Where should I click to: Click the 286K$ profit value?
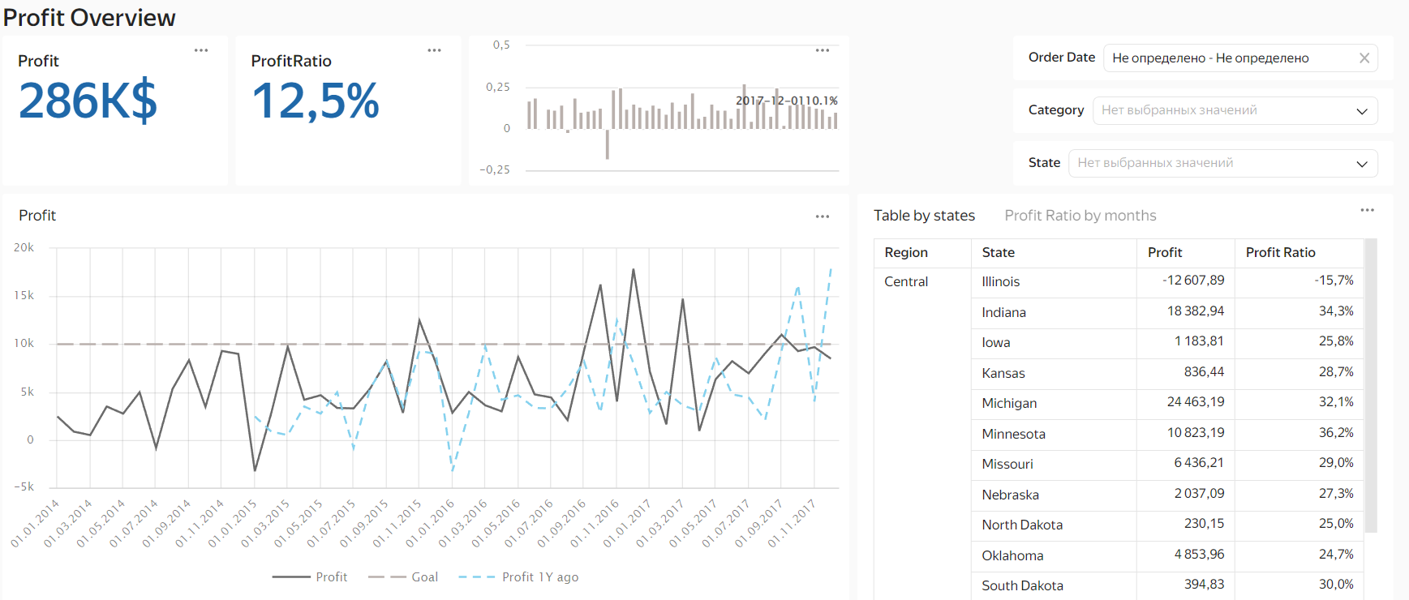(88, 101)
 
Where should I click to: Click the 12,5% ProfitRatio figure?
(316, 101)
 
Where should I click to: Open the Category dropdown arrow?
(1362, 111)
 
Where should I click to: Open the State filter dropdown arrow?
(1362, 164)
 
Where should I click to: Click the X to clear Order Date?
(1364, 58)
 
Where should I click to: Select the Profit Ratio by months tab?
(1080, 216)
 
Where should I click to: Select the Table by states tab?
(924, 216)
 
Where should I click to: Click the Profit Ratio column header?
(1280, 253)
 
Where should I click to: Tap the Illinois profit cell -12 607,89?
(1193, 281)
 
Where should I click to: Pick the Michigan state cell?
(1009, 404)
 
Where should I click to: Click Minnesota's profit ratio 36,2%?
(1336, 433)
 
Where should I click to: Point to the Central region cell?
(906, 282)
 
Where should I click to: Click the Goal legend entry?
(423, 577)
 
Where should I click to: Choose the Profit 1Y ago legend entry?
(539, 577)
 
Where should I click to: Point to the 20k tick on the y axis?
(24, 248)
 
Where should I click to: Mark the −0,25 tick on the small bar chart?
(495, 170)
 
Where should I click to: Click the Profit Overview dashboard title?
(89, 18)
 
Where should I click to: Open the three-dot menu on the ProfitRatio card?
(435, 50)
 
